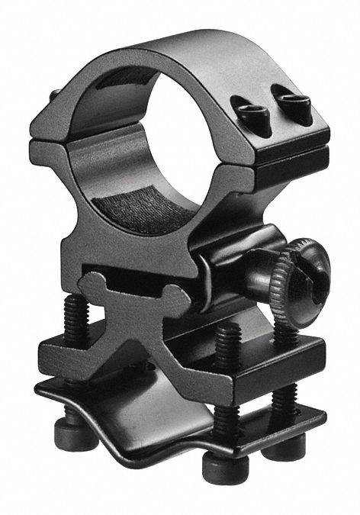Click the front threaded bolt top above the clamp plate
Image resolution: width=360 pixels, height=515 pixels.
click(x=227, y=340)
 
